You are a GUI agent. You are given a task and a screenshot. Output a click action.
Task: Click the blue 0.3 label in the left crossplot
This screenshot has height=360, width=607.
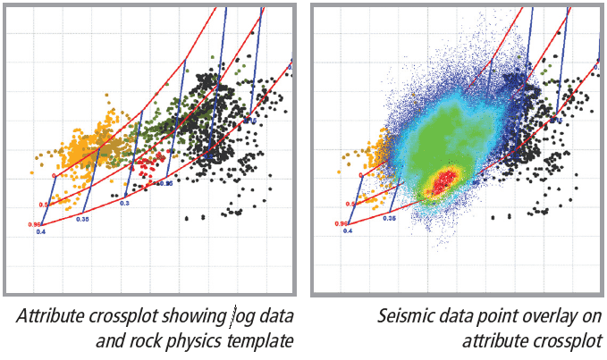[x=124, y=204]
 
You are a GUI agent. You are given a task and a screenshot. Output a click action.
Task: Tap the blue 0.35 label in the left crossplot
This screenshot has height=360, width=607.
[x=82, y=218]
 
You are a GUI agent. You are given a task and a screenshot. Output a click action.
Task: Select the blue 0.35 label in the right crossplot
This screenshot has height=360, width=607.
[x=389, y=218]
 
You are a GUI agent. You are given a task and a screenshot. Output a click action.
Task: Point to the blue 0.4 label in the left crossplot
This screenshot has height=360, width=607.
[x=40, y=231]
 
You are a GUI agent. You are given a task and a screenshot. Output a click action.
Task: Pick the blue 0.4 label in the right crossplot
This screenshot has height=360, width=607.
[x=347, y=231]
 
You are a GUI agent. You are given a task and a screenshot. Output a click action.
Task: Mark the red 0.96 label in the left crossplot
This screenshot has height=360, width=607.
[x=35, y=223]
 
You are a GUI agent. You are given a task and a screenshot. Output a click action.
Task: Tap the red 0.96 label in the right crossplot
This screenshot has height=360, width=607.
[x=341, y=223]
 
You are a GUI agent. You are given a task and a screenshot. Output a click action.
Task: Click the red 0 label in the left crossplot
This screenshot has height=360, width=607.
[x=54, y=176]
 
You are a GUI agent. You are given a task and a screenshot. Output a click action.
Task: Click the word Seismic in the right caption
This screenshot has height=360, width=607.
[x=409, y=316]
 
